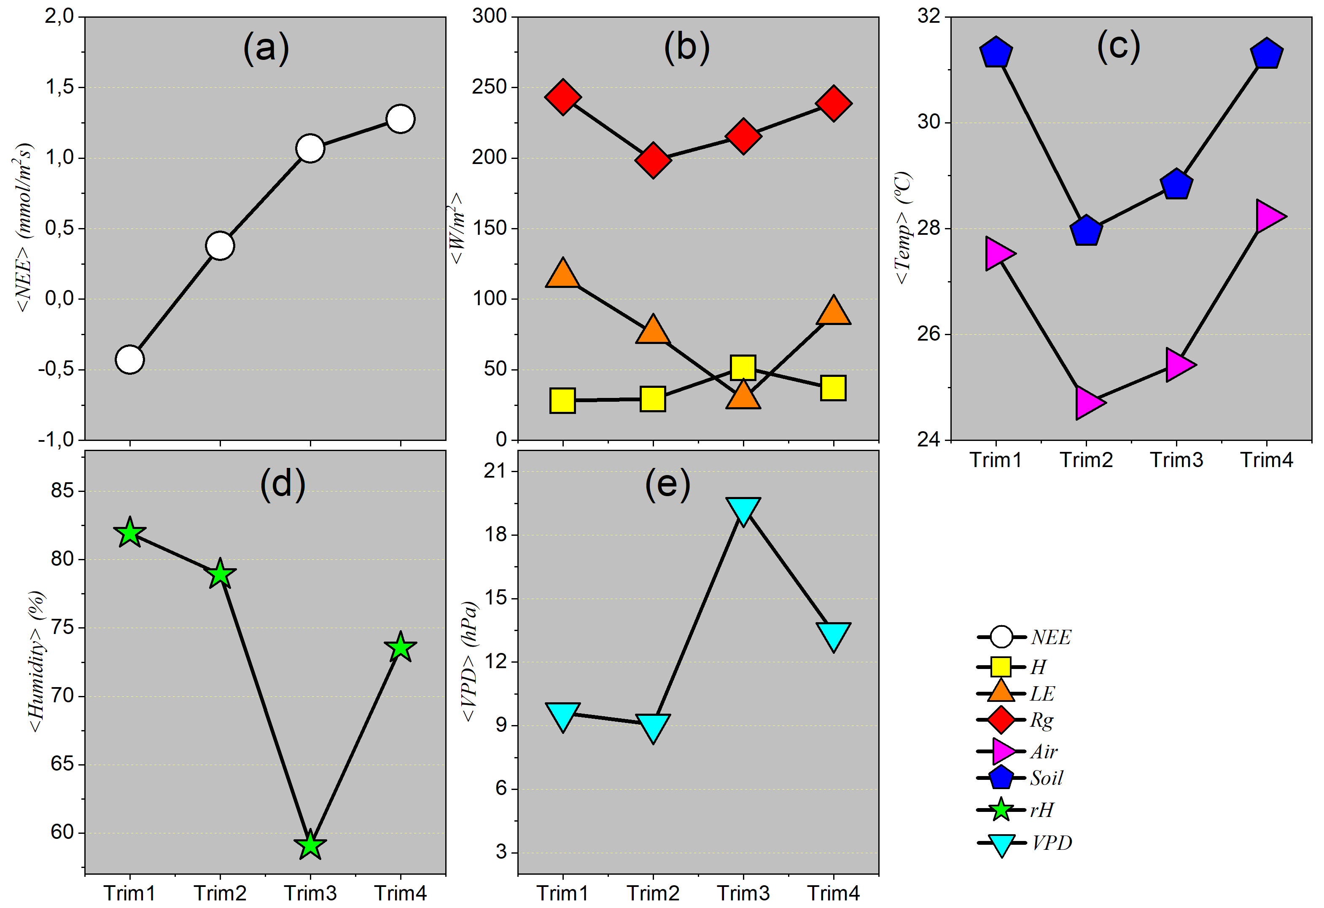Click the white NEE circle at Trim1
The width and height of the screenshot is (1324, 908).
(130, 360)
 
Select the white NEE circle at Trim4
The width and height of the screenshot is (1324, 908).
(401, 119)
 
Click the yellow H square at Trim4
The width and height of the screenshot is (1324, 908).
(833, 388)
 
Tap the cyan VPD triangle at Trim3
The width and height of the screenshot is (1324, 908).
(743, 509)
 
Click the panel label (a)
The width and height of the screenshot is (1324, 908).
(266, 48)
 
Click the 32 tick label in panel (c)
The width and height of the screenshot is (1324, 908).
(928, 16)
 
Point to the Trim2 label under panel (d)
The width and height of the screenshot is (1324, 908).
(220, 893)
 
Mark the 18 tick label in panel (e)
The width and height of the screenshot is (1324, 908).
(495, 535)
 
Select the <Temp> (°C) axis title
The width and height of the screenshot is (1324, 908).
(903, 228)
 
